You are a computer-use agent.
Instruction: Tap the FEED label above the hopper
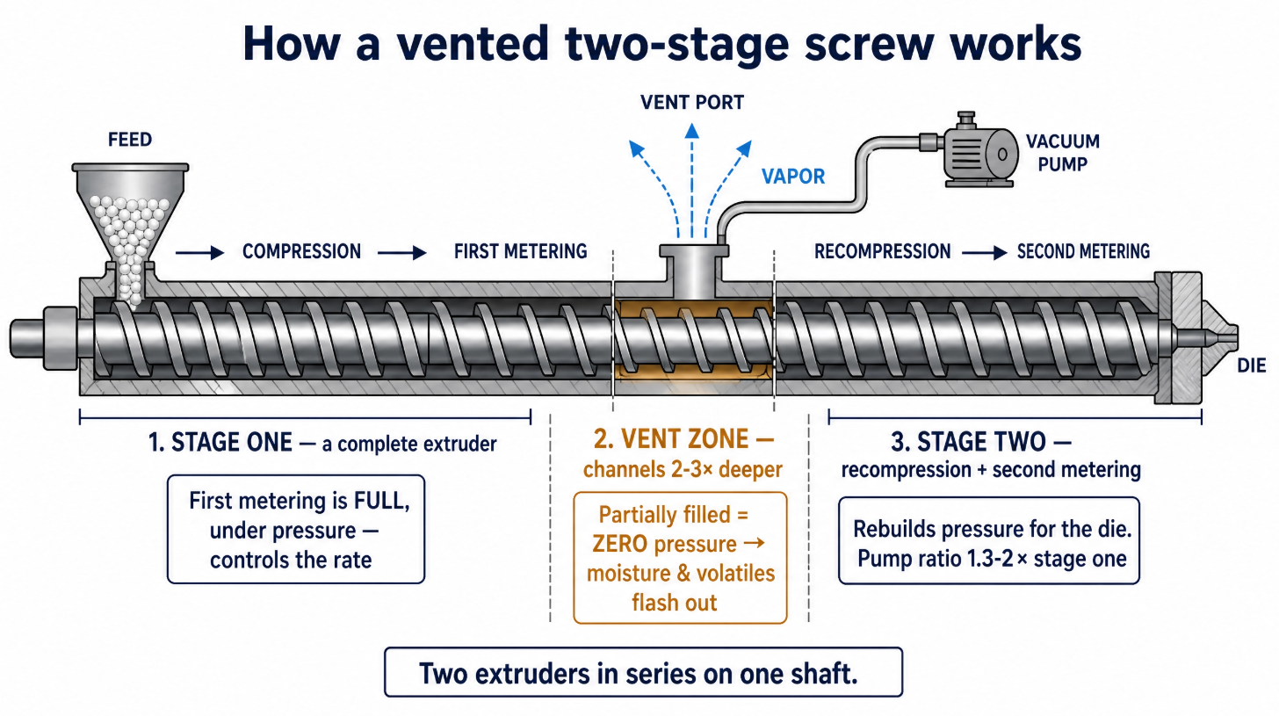[x=130, y=140]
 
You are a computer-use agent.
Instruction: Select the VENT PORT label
[x=692, y=103]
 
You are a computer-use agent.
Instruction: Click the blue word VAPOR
[x=793, y=177]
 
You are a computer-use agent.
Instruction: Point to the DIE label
[x=1251, y=365]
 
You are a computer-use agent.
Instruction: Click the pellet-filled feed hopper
[x=130, y=228]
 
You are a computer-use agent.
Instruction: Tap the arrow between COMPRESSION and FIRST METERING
[x=402, y=252]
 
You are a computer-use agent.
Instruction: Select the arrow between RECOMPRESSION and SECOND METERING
[x=985, y=252]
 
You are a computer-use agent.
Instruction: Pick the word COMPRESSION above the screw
[x=301, y=252]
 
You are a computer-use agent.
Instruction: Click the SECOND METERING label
[x=1083, y=252]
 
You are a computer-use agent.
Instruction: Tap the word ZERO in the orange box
[x=619, y=544]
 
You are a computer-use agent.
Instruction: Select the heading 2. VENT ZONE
[x=683, y=439]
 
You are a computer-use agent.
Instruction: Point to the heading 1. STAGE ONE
[x=220, y=443]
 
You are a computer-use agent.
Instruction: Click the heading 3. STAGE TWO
[x=981, y=442]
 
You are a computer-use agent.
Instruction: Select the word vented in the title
[x=473, y=44]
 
